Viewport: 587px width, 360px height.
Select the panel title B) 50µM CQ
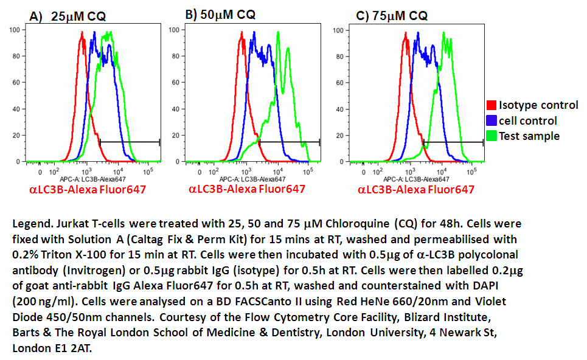tap(220, 14)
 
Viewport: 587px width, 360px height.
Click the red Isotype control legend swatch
tap(491, 106)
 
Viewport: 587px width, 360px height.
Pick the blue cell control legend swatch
tap(491, 120)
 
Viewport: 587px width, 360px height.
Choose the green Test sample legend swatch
tap(491, 136)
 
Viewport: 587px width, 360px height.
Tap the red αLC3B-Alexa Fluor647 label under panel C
tap(416, 190)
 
